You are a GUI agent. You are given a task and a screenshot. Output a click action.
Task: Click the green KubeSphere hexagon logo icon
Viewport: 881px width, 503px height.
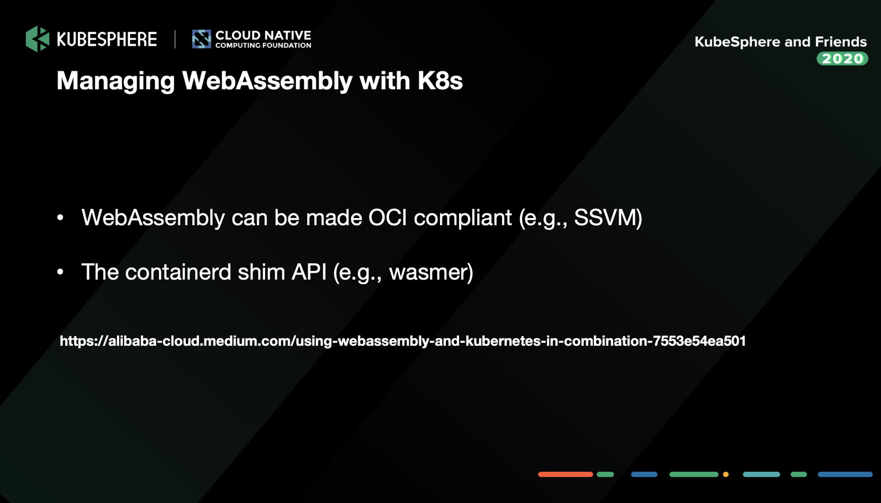[x=37, y=39]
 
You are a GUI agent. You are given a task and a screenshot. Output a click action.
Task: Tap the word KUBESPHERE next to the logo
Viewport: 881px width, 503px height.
[x=107, y=40]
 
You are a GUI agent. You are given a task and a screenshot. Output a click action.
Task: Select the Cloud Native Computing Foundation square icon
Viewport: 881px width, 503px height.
[x=201, y=39]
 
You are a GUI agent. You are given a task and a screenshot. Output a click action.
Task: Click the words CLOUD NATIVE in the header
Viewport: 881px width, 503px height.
[x=263, y=35]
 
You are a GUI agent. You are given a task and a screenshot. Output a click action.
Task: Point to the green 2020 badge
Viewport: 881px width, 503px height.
[x=842, y=59]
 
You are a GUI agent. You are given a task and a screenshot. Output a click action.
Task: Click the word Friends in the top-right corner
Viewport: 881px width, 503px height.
[x=841, y=42]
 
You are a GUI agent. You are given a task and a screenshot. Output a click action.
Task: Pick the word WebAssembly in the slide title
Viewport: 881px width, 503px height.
[x=267, y=81]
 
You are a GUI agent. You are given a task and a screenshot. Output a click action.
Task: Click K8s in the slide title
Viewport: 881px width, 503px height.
[x=440, y=81]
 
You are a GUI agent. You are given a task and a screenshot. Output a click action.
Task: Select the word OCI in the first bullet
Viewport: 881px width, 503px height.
[x=388, y=218]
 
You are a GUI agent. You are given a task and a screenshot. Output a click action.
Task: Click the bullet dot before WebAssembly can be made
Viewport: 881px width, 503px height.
[x=60, y=218]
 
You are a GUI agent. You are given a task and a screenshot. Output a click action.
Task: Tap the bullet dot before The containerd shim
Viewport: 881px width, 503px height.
[x=60, y=272]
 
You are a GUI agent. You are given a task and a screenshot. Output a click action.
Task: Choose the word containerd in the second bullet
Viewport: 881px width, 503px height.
[x=178, y=272]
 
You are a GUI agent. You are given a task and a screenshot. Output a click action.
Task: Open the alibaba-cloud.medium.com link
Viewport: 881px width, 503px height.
[x=403, y=341]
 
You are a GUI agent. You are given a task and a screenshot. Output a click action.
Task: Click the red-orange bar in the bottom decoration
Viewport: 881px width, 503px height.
[x=566, y=474]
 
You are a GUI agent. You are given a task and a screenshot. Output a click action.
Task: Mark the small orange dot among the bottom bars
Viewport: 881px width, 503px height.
[x=726, y=474]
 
